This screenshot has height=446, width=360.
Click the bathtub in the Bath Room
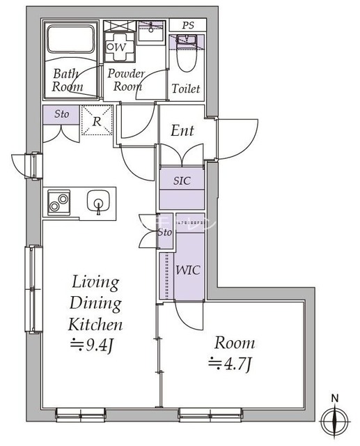click(x=70, y=39)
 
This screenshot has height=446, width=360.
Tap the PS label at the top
click(x=188, y=25)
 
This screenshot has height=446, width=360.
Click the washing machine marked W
click(x=119, y=47)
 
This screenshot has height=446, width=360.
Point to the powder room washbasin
click(x=151, y=33)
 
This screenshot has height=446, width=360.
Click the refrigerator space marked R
click(x=97, y=121)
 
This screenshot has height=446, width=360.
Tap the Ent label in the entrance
click(x=182, y=131)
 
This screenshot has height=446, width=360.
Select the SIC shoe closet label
click(x=182, y=180)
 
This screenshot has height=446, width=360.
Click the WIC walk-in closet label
click(x=188, y=270)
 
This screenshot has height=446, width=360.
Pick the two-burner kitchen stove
click(x=58, y=202)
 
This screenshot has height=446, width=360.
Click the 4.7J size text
click(x=230, y=364)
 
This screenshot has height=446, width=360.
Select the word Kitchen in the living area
click(x=95, y=325)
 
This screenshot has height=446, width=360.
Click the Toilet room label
click(x=186, y=89)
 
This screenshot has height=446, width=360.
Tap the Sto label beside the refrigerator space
click(x=62, y=114)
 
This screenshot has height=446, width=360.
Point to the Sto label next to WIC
click(x=165, y=232)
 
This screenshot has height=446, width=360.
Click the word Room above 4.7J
click(x=235, y=343)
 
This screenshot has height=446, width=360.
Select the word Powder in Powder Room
click(x=126, y=74)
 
